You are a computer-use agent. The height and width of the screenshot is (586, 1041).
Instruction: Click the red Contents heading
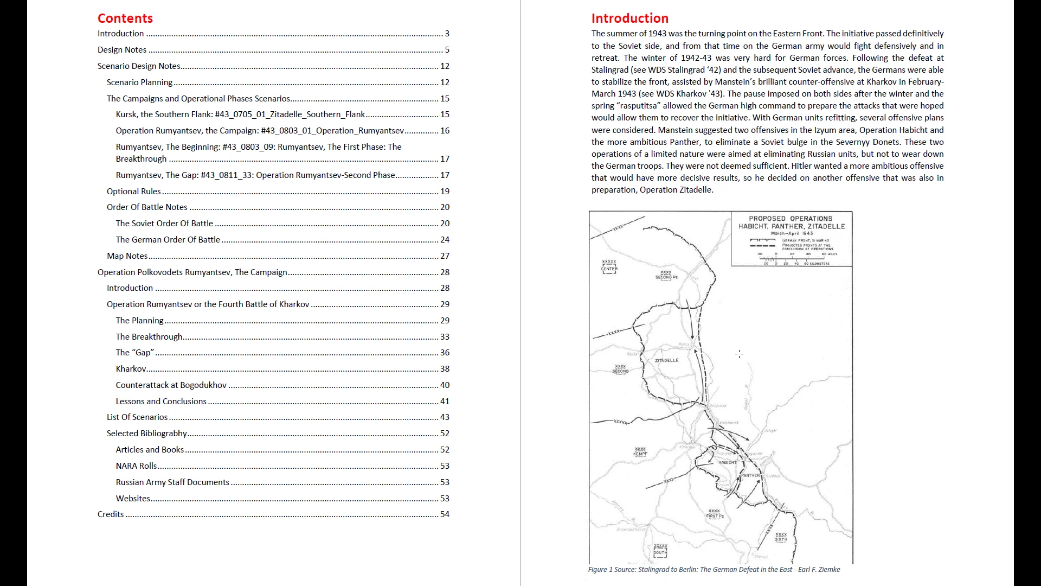[125, 18]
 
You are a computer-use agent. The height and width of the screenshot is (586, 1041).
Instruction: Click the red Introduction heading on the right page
[629, 18]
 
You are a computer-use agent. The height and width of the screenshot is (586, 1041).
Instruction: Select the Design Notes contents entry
[122, 50]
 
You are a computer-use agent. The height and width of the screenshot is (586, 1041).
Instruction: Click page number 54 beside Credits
[445, 514]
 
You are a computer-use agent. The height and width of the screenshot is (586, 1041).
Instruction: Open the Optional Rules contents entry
[133, 192]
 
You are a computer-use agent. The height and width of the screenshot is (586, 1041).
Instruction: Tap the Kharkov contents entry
[131, 369]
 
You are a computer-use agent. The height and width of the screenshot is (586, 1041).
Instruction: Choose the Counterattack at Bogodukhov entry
[171, 385]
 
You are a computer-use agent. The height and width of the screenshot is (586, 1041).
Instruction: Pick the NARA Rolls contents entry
[136, 466]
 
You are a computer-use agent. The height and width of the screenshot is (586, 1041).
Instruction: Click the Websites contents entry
[133, 499]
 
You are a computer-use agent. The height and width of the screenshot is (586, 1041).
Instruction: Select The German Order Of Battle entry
[168, 240]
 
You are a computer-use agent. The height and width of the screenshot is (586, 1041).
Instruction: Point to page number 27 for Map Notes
[445, 256]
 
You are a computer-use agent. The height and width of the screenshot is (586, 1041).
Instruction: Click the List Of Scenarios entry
[137, 417]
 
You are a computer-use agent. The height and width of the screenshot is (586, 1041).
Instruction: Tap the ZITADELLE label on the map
[666, 360]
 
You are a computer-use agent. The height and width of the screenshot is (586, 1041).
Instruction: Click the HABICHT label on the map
[727, 463]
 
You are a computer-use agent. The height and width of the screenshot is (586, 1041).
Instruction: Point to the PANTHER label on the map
[750, 475]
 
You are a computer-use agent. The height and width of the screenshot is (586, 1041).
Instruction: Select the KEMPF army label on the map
[640, 454]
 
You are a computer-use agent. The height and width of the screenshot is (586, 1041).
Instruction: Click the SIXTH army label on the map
[781, 539]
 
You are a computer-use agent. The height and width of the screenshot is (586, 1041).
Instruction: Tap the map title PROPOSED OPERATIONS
[791, 219]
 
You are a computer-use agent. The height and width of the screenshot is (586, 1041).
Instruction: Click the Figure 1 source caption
[714, 570]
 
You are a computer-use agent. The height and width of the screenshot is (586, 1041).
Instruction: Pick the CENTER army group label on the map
[609, 269]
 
